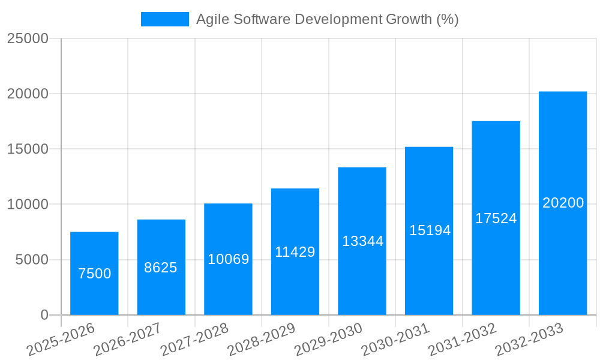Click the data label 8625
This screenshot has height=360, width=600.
pyautogui.click(x=161, y=268)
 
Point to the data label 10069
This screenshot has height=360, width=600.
pyautogui.click(x=229, y=259)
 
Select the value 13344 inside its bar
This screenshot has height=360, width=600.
pyautogui.click(x=363, y=241)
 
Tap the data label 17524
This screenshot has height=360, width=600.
pyautogui.click(x=496, y=218)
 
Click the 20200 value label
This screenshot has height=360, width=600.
pyautogui.click(x=563, y=203)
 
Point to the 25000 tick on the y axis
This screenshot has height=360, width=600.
pyautogui.click(x=28, y=38)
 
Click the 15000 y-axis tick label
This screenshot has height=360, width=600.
pyautogui.click(x=28, y=149)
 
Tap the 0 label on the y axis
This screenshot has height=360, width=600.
pyautogui.click(x=44, y=315)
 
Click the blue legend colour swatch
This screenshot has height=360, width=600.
pyautogui.click(x=165, y=19)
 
